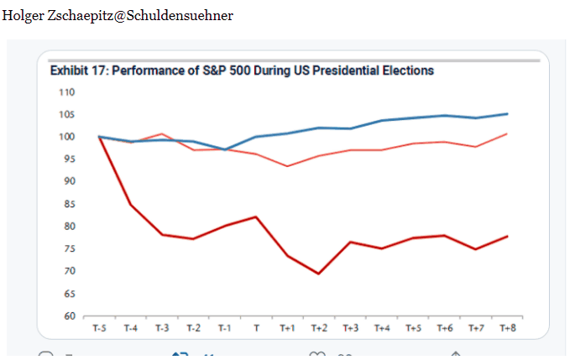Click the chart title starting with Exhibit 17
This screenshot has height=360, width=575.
click(x=242, y=71)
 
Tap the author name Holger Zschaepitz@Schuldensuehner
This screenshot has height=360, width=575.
click(x=118, y=16)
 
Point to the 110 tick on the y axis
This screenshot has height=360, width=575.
click(x=67, y=91)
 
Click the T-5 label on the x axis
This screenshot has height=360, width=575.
click(x=99, y=328)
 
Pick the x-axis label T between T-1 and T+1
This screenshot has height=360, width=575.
click(x=256, y=328)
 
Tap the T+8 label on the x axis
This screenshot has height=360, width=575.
click(x=508, y=328)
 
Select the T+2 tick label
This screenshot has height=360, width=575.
click(x=319, y=328)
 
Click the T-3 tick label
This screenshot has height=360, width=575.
click(x=162, y=328)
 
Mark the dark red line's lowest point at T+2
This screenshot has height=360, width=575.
click(x=319, y=274)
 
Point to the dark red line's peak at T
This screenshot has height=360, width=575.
click(x=256, y=217)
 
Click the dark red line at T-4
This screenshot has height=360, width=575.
click(x=130, y=204)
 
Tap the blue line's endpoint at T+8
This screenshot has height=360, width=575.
click(x=508, y=114)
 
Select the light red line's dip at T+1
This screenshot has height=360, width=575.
click(x=288, y=166)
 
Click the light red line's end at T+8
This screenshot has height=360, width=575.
click(x=508, y=133)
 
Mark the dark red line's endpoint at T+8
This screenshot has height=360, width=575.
click(x=508, y=236)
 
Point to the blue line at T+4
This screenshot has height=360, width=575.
click(x=382, y=121)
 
